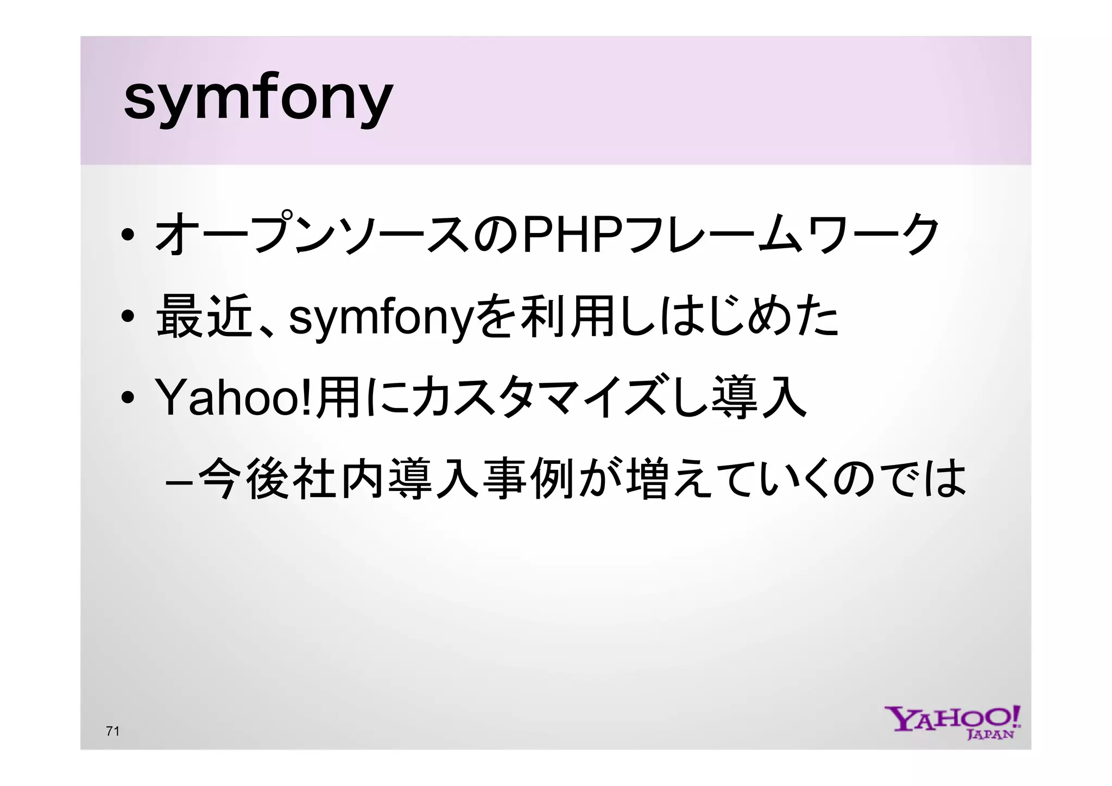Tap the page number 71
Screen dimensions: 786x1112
[112, 731]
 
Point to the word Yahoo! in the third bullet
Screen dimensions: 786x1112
[234, 398]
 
